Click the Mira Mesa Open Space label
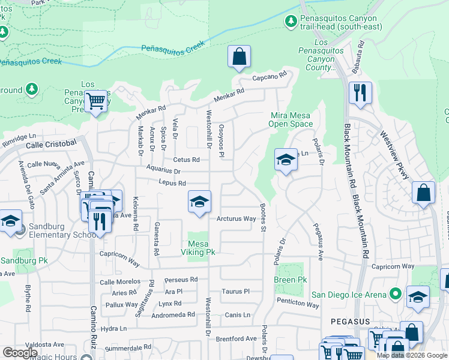[291, 119]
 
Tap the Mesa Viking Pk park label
[201, 248]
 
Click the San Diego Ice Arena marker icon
[395, 294]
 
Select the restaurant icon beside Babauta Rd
[360, 93]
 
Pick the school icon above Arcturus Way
[199, 202]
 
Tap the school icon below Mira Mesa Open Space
[286, 160]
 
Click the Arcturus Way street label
[237, 219]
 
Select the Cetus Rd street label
[186, 160]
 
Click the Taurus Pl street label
[235, 291]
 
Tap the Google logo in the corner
[20, 352]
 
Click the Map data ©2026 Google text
[412, 355]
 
